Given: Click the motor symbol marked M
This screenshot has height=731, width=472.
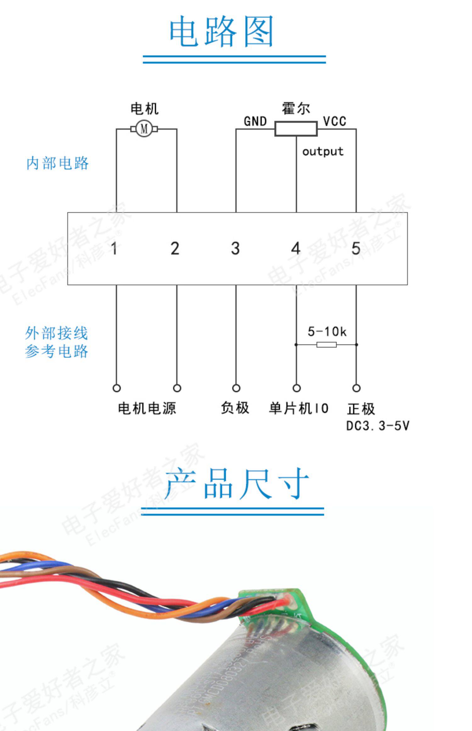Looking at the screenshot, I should pyautogui.click(x=144, y=129).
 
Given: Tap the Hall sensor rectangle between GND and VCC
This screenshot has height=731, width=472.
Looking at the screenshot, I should pyautogui.click(x=296, y=129).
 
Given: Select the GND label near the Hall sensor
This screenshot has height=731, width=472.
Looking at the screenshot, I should pyautogui.click(x=255, y=121).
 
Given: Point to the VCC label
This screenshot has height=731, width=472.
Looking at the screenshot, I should pyautogui.click(x=334, y=121).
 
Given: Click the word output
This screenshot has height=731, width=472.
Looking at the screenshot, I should pyautogui.click(x=323, y=152).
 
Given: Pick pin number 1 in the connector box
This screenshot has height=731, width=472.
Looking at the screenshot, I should pyautogui.click(x=114, y=248).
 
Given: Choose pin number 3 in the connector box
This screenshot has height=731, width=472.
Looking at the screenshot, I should pyautogui.click(x=235, y=248).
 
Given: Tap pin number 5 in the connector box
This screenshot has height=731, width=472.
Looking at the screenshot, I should pyautogui.click(x=356, y=248).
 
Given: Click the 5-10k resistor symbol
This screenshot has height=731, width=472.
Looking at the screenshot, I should pyautogui.click(x=326, y=345).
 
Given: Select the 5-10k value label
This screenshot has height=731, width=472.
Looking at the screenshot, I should pyautogui.click(x=327, y=331).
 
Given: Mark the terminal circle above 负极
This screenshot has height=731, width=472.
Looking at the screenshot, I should pyautogui.click(x=236, y=388).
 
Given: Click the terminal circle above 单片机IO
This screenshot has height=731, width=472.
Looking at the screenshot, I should pyautogui.click(x=296, y=388).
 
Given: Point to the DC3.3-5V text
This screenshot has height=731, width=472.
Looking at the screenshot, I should pyautogui.click(x=378, y=426).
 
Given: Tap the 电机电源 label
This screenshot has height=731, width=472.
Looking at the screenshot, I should pyautogui.click(x=147, y=408).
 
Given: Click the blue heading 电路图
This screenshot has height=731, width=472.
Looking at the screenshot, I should pyautogui.click(x=221, y=31).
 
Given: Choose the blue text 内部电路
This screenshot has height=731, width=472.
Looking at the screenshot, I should pyautogui.click(x=58, y=163).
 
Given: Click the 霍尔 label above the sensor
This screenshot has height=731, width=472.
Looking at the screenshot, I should pyautogui.click(x=296, y=109).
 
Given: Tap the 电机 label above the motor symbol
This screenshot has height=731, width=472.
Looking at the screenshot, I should pyautogui.click(x=144, y=109).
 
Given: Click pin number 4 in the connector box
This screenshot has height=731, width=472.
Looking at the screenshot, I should pyautogui.click(x=296, y=248).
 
